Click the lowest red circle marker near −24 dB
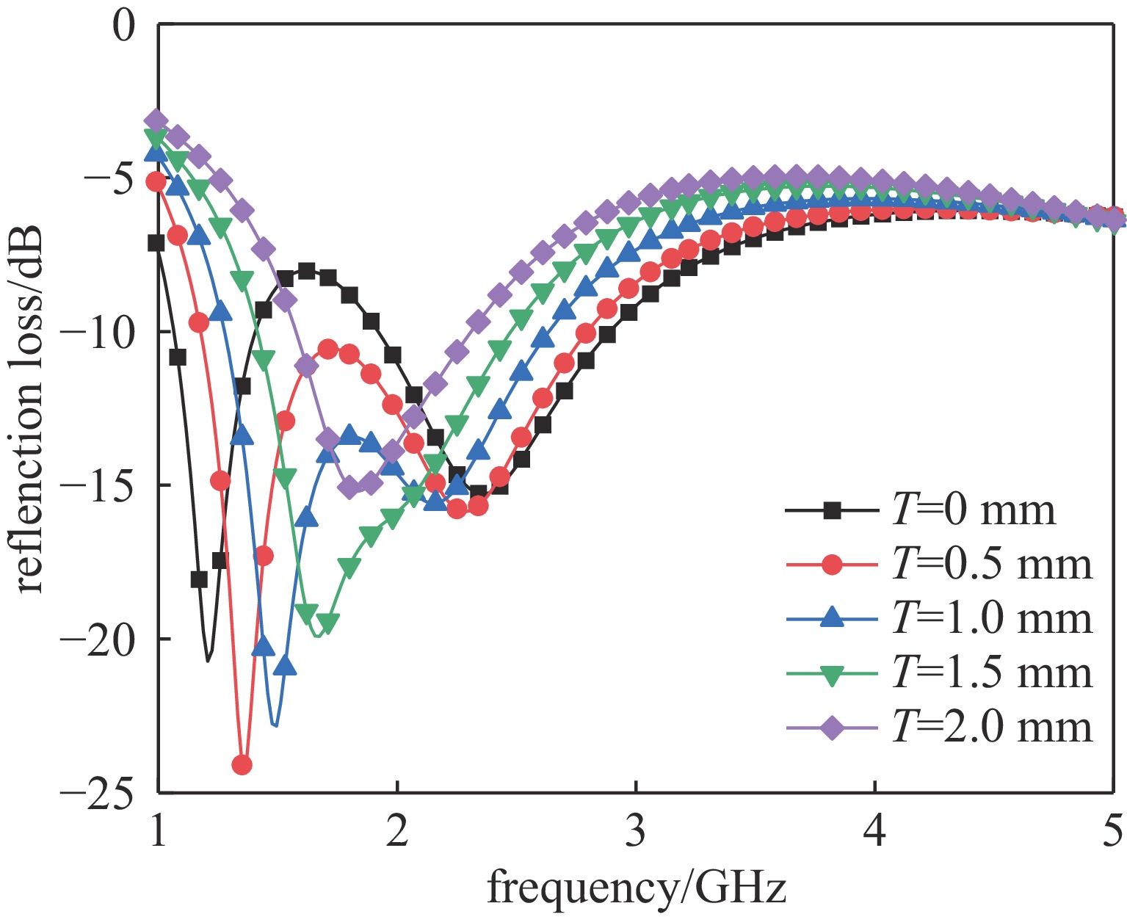coord(242,765)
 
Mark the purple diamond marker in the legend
coord(832,728)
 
